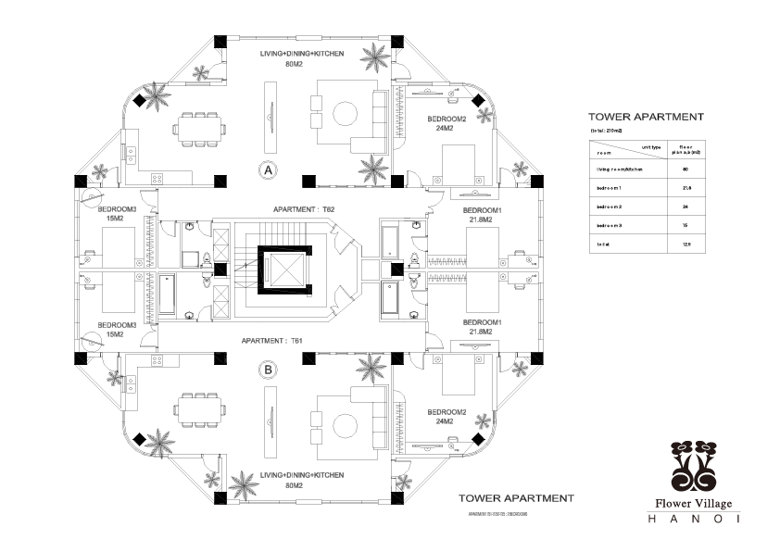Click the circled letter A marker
268,170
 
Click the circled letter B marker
268,370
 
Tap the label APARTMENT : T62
304,210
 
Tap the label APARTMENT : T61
272,341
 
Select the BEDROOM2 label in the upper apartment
447,124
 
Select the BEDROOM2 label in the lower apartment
447,415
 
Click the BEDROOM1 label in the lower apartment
482,327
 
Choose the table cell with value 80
685,169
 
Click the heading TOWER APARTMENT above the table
646,118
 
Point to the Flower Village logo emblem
693,468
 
